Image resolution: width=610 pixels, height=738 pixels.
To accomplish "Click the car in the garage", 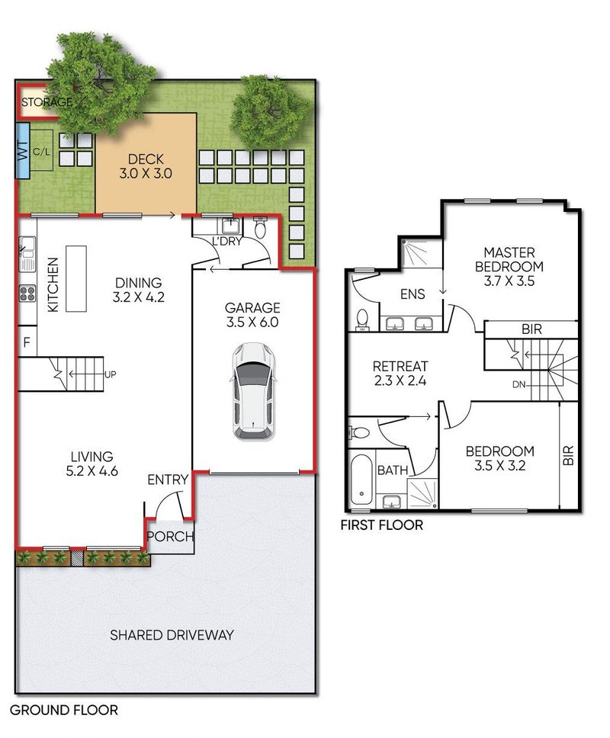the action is (252, 392).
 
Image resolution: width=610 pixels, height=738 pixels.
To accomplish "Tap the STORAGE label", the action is (47, 101).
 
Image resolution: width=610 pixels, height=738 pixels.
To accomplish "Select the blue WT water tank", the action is (23, 150).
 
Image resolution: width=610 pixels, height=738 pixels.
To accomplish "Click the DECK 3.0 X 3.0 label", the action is (146, 166).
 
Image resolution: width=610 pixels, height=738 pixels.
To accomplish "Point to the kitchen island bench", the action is (75, 278).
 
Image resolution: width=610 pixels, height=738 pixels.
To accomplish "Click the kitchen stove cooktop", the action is (27, 294).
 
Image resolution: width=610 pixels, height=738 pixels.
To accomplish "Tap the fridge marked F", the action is (27, 342).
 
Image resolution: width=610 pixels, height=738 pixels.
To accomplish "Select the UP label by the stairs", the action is (110, 374).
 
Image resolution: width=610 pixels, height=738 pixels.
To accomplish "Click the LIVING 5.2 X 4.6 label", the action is (91, 464).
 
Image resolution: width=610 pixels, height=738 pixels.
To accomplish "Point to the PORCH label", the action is (170, 536).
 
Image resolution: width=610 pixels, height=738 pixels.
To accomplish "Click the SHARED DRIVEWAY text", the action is (172, 635).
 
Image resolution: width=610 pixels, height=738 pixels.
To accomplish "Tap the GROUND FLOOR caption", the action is (64, 710).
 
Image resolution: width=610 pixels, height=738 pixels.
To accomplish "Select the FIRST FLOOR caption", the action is (382, 525).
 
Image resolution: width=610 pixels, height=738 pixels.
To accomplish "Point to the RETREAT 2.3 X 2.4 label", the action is (400, 374).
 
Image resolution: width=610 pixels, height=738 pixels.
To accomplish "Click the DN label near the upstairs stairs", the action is (518, 384).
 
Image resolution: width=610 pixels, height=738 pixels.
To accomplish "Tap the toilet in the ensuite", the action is (362, 319).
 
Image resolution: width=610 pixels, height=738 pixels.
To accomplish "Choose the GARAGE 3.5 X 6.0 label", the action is (252, 315).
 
